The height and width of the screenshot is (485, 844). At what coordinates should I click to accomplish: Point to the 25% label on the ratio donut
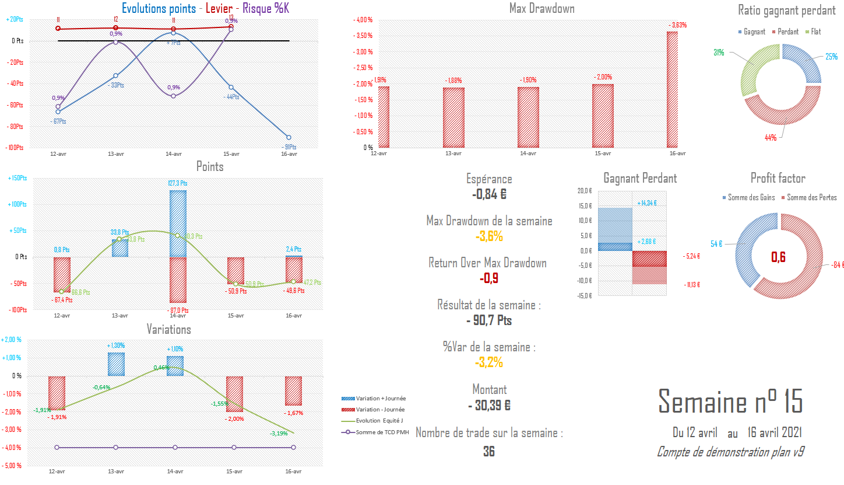831,57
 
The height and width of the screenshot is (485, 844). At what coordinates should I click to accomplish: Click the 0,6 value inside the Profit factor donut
779,257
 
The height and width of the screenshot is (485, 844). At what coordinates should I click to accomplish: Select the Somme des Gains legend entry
748,197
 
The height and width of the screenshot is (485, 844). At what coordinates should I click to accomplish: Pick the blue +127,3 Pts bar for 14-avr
178,223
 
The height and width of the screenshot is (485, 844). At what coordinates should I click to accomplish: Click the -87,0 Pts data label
177,309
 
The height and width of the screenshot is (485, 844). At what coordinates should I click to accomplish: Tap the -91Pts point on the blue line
289,137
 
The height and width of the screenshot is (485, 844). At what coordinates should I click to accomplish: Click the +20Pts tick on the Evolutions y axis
15,19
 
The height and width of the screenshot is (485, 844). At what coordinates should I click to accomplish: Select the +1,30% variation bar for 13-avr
116,364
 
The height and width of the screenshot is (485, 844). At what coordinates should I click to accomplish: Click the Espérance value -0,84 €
488,195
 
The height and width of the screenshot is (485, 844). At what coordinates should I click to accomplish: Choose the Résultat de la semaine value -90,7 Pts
488,320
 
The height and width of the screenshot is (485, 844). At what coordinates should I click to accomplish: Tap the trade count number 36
488,451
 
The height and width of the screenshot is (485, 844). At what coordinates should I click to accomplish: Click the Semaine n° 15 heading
730,402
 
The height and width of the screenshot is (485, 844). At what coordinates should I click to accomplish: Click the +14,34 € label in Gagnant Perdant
647,203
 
